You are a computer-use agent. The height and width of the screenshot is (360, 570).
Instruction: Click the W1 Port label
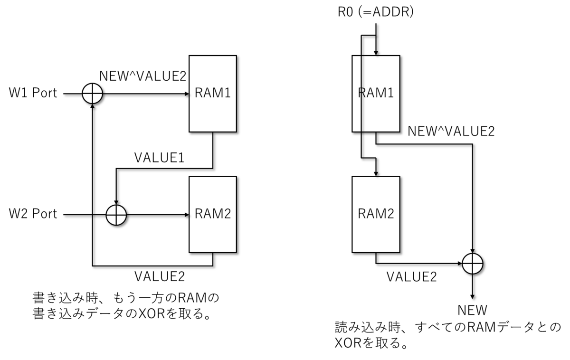[33, 93]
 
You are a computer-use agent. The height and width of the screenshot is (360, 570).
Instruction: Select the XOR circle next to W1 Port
[92, 94]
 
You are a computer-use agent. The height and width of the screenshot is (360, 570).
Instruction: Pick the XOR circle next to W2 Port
[116, 215]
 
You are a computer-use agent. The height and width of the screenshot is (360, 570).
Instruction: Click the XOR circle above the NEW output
[472, 264]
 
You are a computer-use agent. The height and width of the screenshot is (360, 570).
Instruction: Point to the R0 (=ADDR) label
[376, 12]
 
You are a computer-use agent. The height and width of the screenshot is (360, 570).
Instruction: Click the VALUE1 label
[159, 158]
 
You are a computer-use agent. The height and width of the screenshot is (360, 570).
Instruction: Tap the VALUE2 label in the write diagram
[160, 276]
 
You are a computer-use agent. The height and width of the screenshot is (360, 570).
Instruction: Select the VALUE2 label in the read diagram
[412, 277]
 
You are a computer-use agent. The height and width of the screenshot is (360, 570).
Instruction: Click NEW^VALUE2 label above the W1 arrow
[143, 76]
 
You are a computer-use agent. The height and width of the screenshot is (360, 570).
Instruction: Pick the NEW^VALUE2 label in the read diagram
[451, 131]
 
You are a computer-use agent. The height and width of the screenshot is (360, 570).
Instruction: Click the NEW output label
[472, 310]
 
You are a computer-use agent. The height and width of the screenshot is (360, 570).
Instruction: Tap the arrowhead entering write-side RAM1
[187, 94]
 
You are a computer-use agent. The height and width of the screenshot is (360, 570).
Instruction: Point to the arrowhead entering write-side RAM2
[187, 215]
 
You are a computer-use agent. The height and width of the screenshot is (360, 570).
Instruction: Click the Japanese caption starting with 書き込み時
[126, 305]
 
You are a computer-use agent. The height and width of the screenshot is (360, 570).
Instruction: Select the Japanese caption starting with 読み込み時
[448, 335]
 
